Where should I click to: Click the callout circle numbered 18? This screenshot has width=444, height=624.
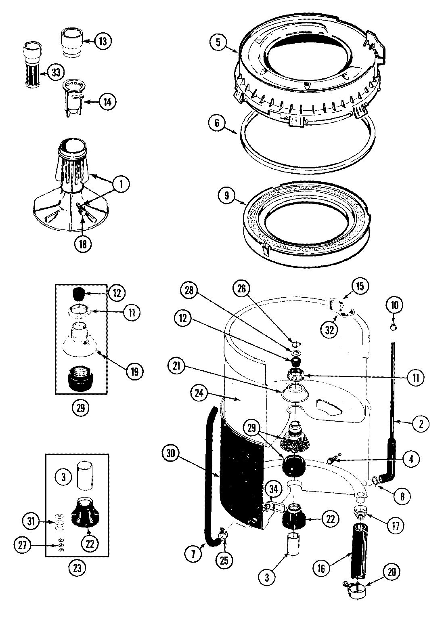(x=83, y=244)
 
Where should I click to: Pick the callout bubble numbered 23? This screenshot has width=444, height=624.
(x=77, y=568)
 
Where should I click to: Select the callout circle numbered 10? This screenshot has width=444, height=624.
(x=394, y=305)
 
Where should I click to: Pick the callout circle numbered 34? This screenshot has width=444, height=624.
(x=273, y=490)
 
